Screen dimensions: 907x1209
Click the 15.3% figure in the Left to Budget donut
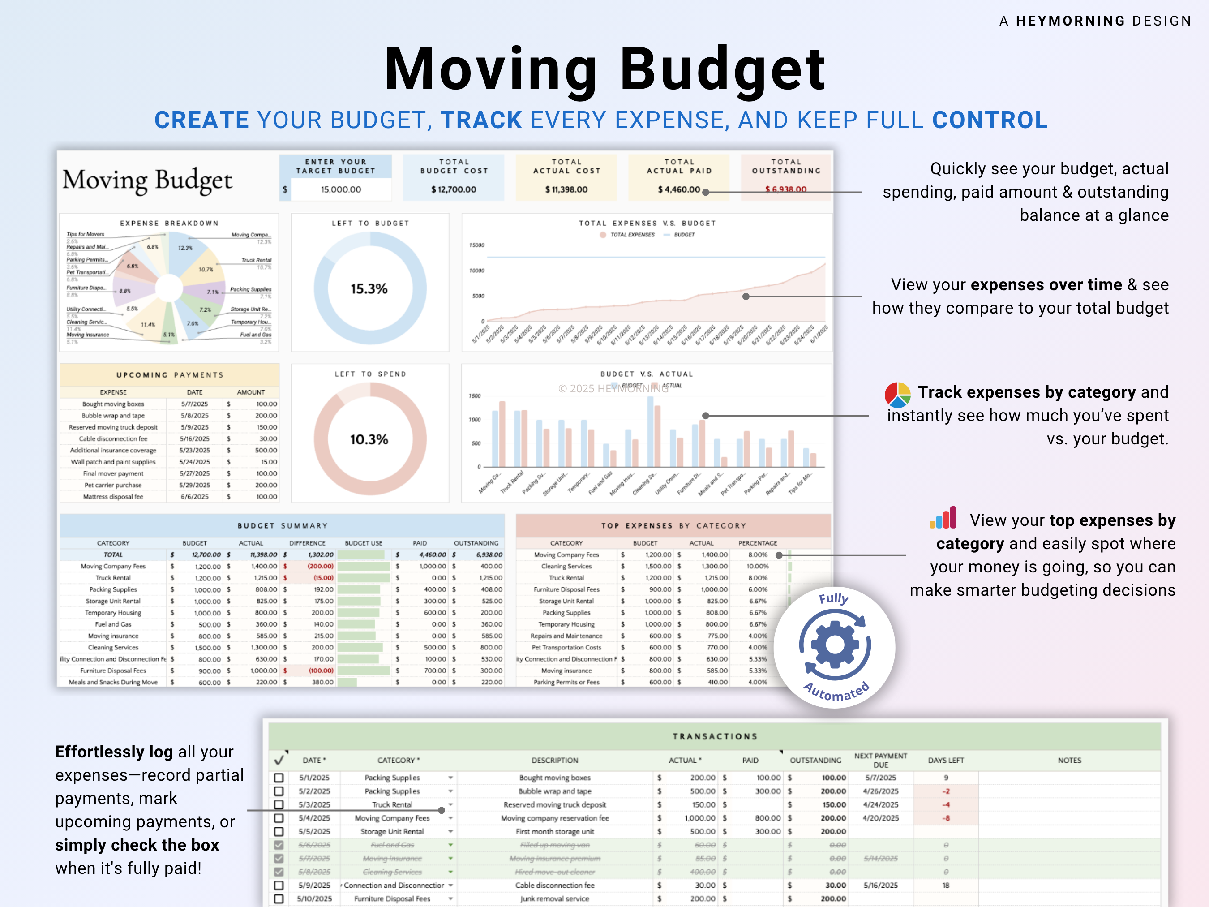(369, 288)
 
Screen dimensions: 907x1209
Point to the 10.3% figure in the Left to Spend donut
(369, 439)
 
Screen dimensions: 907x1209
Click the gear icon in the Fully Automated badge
(835, 645)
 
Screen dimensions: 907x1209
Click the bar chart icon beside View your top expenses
(943, 518)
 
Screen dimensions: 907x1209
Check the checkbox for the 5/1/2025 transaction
(279, 778)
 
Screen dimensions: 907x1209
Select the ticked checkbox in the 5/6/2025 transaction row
(279, 845)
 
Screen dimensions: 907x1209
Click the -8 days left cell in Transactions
(946, 818)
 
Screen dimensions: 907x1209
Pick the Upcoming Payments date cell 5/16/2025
(195, 438)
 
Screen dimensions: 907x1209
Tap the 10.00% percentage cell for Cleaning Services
(758, 567)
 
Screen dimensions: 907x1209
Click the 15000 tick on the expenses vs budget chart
(476, 245)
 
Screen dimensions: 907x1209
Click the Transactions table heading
(715, 736)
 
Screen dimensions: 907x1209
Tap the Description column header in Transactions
(555, 761)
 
